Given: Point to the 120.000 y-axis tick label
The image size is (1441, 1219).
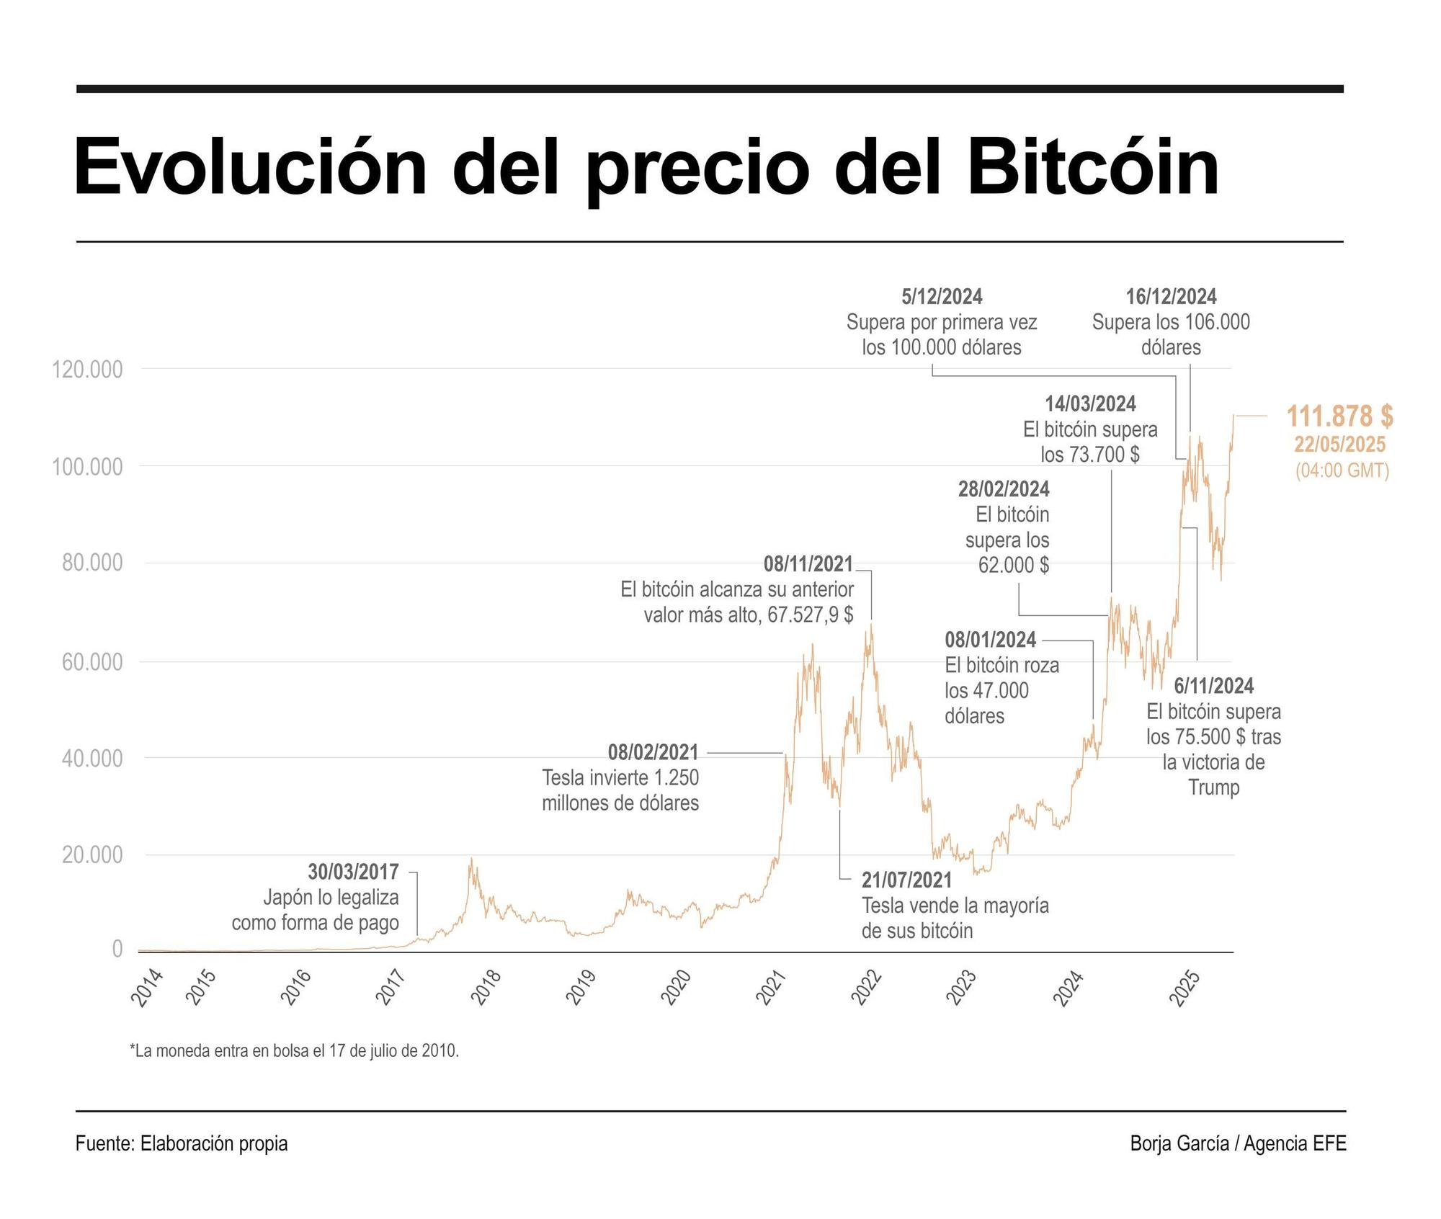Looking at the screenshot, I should [87, 370].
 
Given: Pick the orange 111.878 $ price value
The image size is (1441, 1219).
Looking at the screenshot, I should [1339, 416].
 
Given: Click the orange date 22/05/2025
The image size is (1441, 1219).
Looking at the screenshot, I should [1339, 445].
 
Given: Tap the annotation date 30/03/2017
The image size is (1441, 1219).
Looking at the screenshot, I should [353, 872].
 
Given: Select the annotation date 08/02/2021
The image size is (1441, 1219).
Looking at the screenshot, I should [653, 753].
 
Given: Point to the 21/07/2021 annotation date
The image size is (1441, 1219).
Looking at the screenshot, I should [906, 880].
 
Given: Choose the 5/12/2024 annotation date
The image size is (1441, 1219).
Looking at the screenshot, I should [941, 297].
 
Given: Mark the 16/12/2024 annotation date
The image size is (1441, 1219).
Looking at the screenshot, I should [1171, 297].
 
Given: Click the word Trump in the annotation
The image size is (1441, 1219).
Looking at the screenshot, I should [1213, 787].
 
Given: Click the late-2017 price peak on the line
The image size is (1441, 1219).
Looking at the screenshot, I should [471, 859].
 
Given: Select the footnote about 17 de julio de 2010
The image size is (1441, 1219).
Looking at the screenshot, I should [294, 1050].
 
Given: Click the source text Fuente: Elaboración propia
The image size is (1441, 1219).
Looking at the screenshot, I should [182, 1143].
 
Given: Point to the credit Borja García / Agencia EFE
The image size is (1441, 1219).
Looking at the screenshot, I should [1237, 1143].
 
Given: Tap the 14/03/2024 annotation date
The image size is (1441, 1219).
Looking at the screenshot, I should [1090, 404].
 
